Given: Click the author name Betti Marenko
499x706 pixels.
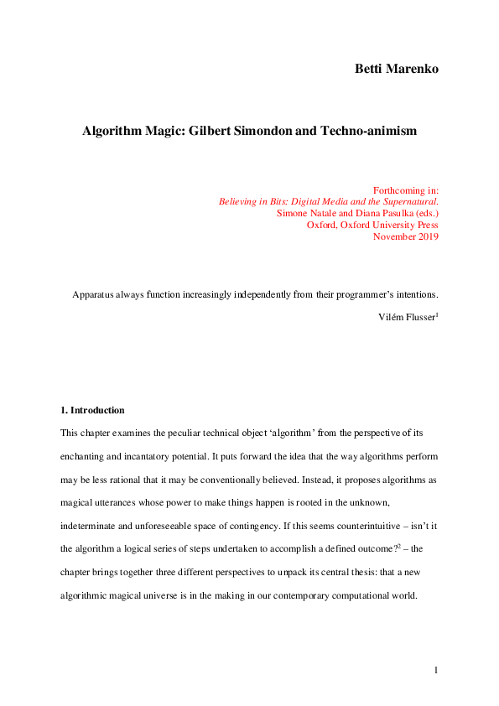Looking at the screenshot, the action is (397, 68).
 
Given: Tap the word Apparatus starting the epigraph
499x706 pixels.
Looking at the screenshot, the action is (94, 294).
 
